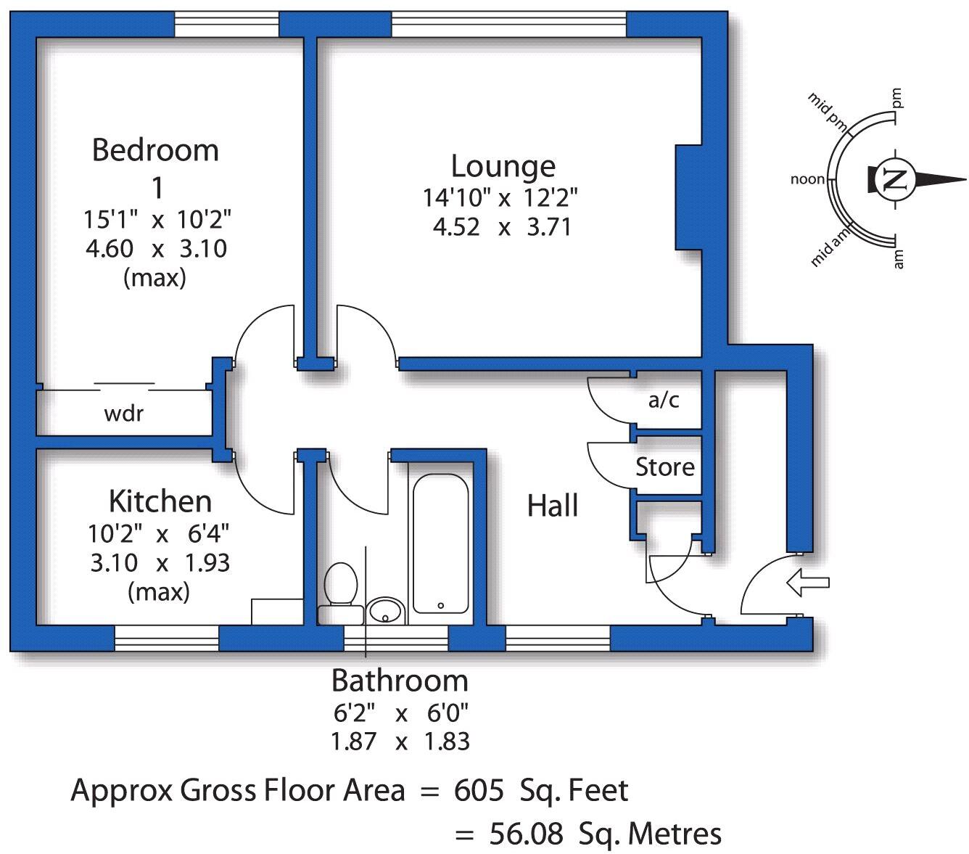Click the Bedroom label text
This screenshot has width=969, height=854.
[x=155, y=150]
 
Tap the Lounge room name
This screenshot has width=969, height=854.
[x=503, y=166]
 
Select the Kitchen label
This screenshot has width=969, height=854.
[x=160, y=501]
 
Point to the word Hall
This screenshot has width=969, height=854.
[x=552, y=506]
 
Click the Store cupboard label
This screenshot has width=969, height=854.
[x=664, y=467]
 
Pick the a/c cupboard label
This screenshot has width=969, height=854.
[x=664, y=399]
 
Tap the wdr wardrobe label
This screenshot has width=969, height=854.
[x=124, y=414]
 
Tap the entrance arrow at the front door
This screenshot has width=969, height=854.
[x=807, y=583]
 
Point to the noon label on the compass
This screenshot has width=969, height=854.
[x=807, y=179]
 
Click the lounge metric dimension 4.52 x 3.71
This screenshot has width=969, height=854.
[x=502, y=227]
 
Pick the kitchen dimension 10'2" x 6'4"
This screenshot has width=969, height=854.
[x=159, y=534]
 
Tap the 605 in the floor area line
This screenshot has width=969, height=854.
[x=479, y=790]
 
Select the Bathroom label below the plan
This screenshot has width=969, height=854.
[x=400, y=681]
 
